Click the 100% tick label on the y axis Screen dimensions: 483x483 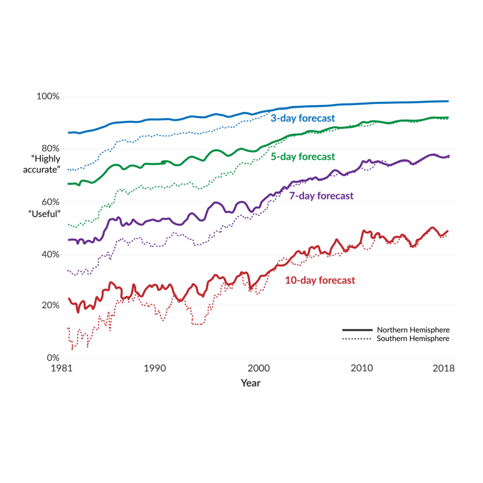point(48,97)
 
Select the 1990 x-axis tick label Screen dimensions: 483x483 point(154,369)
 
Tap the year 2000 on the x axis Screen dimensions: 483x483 point(258,369)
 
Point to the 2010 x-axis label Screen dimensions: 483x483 point(361,369)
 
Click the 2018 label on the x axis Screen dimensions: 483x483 point(444,369)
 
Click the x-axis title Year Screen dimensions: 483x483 point(250,383)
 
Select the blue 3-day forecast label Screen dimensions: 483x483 point(303,119)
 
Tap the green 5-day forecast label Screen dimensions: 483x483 point(303,157)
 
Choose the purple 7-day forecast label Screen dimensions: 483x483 point(321,196)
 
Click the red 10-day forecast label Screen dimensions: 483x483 point(320,280)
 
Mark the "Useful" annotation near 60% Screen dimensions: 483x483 point(45,214)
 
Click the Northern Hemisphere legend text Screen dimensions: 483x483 point(413,330)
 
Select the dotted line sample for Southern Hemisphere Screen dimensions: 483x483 point(357,339)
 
